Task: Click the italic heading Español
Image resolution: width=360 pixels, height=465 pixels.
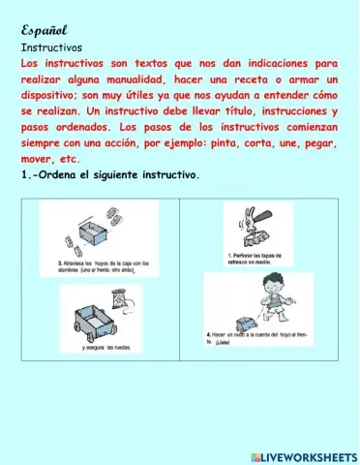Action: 42,29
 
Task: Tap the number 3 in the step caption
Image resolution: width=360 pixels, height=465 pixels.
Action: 61,263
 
